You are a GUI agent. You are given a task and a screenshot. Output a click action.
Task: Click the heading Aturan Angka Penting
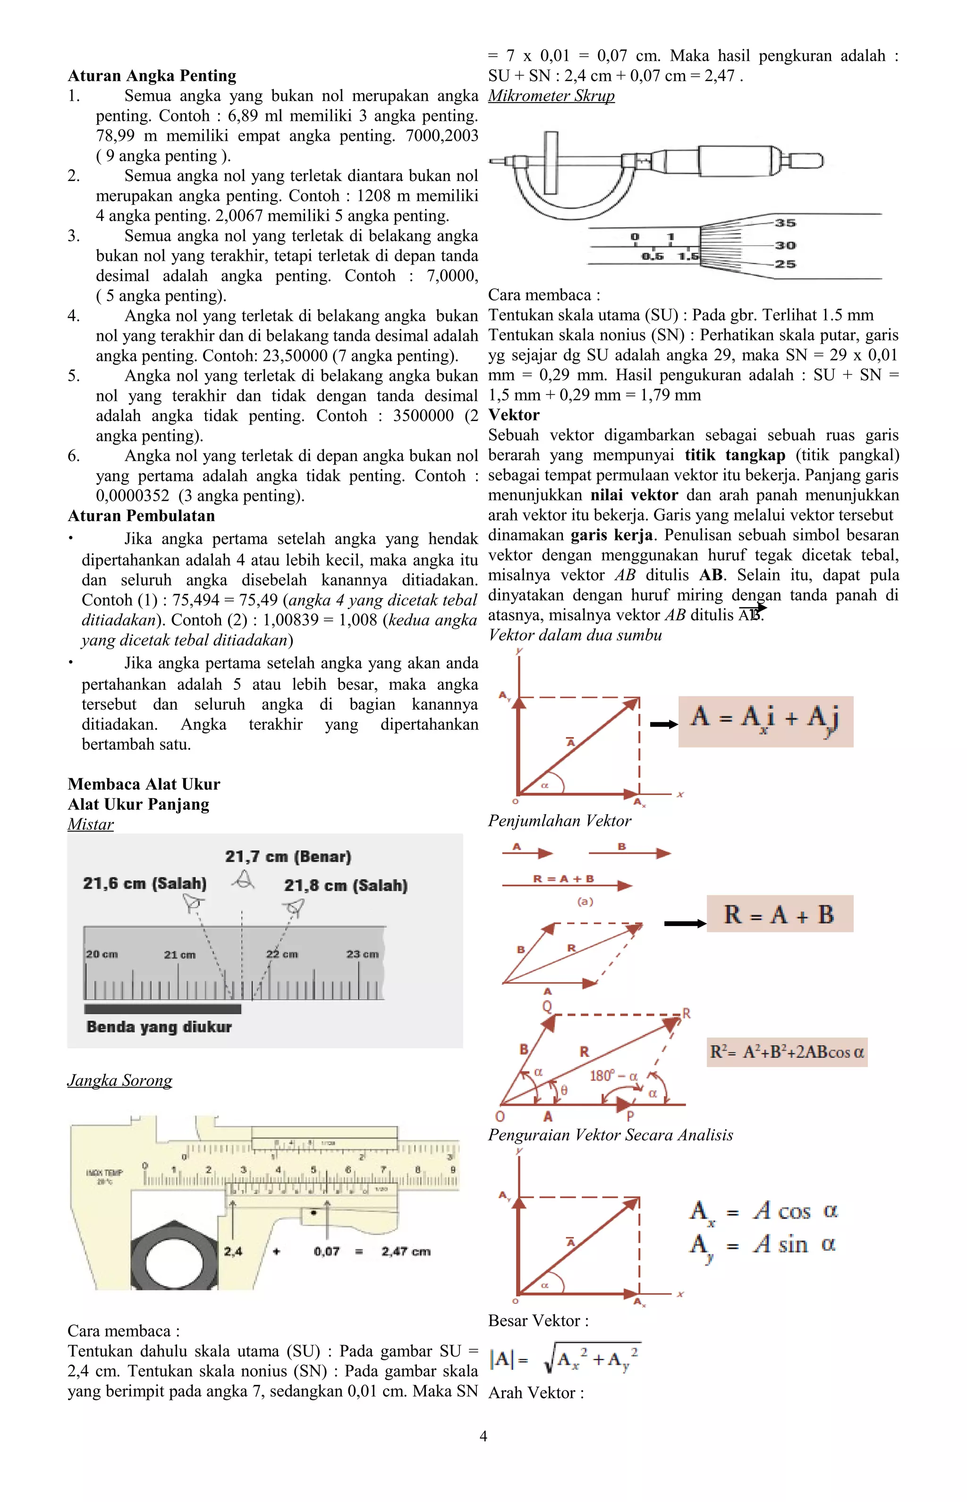click(152, 76)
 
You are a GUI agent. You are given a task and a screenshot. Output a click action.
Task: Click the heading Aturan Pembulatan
click(141, 516)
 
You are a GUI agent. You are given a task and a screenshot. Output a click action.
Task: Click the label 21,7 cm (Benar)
click(288, 857)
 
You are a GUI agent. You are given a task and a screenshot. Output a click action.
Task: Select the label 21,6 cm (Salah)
click(144, 884)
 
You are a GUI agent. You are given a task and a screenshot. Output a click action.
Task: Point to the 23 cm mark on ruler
click(362, 954)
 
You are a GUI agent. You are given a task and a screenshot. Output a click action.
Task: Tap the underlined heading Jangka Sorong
click(119, 1081)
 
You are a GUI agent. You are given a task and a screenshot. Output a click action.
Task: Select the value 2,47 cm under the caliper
click(406, 1252)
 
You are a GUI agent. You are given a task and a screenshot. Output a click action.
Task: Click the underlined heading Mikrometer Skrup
click(551, 96)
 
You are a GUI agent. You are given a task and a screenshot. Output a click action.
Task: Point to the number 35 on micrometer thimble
click(785, 223)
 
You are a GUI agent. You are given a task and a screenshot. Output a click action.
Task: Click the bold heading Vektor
click(514, 415)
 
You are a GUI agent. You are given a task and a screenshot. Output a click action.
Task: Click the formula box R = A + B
click(779, 915)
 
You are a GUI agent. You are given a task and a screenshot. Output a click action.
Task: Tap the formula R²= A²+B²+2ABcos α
click(787, 1052)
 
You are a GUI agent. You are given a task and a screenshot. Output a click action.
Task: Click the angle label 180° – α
click(613, 1076)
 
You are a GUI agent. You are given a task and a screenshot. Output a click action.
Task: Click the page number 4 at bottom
click(483, 1436)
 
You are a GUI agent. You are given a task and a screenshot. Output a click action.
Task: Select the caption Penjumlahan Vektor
click(560, 821)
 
